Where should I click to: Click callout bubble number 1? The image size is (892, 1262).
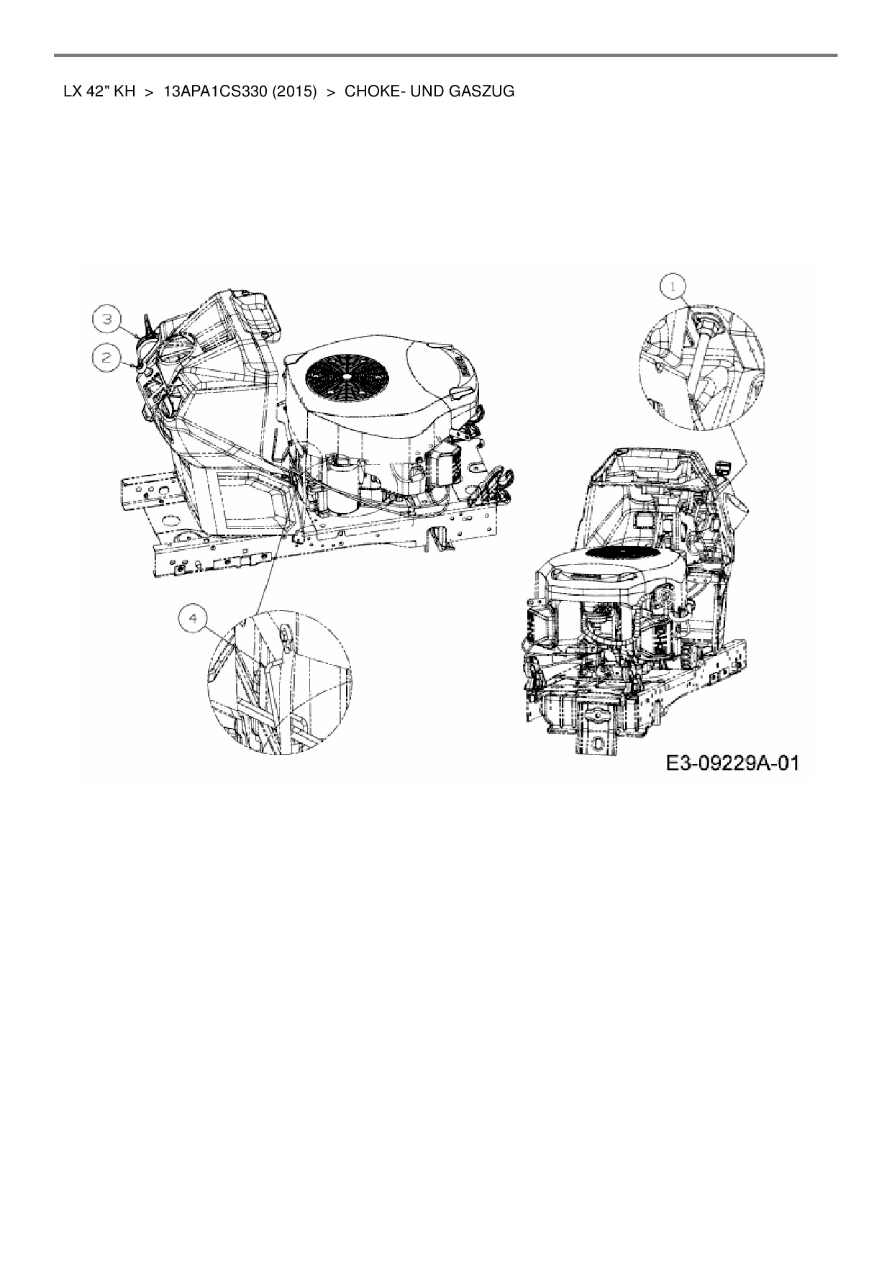[673, 287]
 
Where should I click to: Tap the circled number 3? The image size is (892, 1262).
[106, 319]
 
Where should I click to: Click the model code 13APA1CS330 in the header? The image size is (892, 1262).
[205, 92]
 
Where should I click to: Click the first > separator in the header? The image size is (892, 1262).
[150, 92]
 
